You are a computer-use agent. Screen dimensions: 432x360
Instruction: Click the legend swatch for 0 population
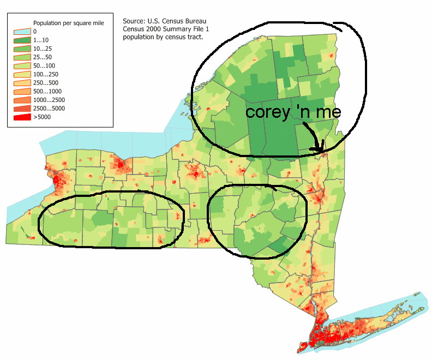coord(23,32)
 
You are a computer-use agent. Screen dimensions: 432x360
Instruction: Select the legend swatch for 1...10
coord(23,40)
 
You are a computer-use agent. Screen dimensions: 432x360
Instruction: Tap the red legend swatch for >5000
coord(23,117)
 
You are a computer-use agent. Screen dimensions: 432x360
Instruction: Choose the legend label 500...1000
coord(46,91)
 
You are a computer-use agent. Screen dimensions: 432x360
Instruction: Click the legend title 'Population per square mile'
coord(68,23)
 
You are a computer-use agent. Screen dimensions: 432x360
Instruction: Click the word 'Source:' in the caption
coord(134,22)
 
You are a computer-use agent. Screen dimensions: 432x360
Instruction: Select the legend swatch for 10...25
coord(23,48)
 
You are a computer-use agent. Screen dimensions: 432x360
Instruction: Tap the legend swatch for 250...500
coord(23,82)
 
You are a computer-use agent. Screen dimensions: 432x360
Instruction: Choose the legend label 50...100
coord(43,65)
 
